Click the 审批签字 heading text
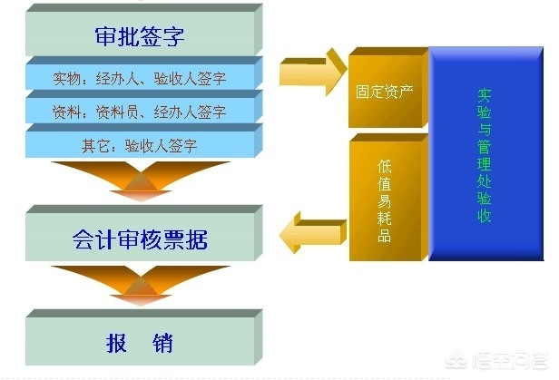pyautogui.click(x=140, y=36)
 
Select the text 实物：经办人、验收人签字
pyautogui.click(x=140, y=79)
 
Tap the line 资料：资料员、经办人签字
pyautogui.click(x=140, y=112)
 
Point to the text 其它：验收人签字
pyautogui.click(x=140, y=146)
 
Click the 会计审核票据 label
pyautogui.click(x=140, y=239)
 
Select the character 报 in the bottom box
pyautogui.click(x=116, y=344)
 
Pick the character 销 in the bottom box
pyautogui.click(x=163, y=344)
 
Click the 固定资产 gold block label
pyautogui.click(x=385, y=92)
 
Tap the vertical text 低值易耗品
pyautogui.click(x=385, y=201)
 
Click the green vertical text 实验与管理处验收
pyautogui.click(x=485, y=156)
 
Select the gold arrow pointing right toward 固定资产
pyautogui.click(x=313, y=72)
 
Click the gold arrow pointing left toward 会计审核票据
pyautogui.click(x=313, y=232)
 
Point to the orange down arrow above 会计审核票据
pyautogui.click(x=141, y=180)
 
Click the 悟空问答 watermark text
pyautogui.click(x=510, y=360)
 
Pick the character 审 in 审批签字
pyautogui.click(x=106, y=36)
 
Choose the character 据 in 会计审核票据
pyautogui.click(x=196, y=239)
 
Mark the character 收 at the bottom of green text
pyautogui.click(x=485, y=216)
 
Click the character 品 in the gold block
pyautogui.click(x=385, y=236)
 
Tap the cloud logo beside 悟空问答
pyautogui.click(x=457, y=360)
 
